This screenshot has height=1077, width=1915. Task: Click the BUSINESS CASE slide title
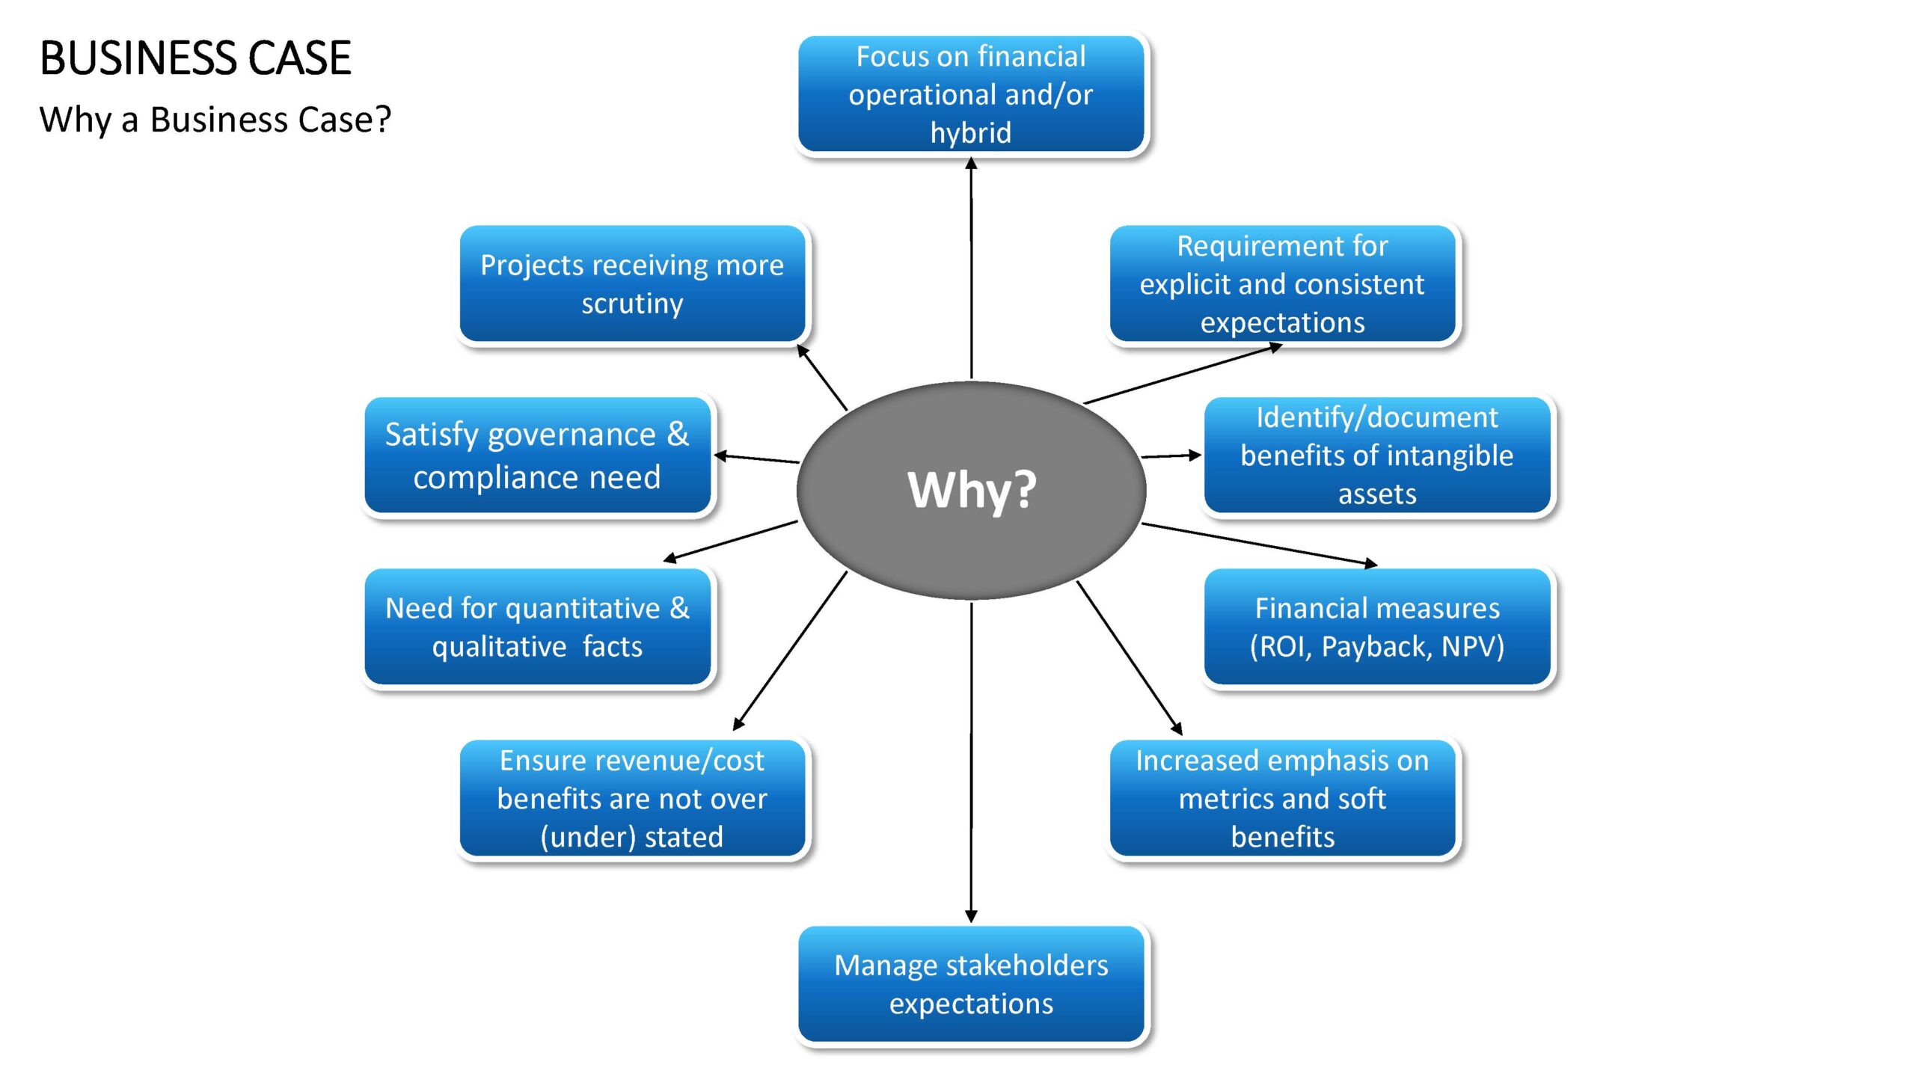tap(195, 58)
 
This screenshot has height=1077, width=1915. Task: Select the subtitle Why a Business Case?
tap(215, 120)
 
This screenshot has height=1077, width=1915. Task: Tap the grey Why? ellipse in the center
tap(971, 490)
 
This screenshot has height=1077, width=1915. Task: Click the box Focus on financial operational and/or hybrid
tap(971, 94)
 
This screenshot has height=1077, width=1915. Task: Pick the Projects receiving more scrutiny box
tap(632, 283)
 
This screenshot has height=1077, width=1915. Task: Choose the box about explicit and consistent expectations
tap(1282, 283)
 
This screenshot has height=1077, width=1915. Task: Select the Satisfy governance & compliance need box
tap(537, 455)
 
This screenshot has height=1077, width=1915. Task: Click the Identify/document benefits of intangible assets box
tap(1377, 455)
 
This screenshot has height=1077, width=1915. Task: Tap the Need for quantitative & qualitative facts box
tap(537, 627)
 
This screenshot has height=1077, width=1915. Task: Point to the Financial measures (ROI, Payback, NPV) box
tap(1377, 627)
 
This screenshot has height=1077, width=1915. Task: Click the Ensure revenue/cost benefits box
tap(632, 798)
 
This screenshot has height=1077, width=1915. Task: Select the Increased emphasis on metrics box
tap(1282, 798)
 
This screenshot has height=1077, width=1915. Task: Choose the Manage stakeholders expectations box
tap(971, 984)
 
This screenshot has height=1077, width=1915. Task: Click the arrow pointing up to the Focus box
tap(971, 269)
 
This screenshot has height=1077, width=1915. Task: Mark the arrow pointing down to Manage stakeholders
tap(971, 762)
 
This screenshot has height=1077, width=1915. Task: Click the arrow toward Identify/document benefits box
tap(1171, 455)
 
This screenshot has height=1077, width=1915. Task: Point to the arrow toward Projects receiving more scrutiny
tap(821, 377)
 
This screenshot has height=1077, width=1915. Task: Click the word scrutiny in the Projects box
tap(632, 304)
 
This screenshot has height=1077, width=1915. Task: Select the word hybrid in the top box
tap(971, 133)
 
